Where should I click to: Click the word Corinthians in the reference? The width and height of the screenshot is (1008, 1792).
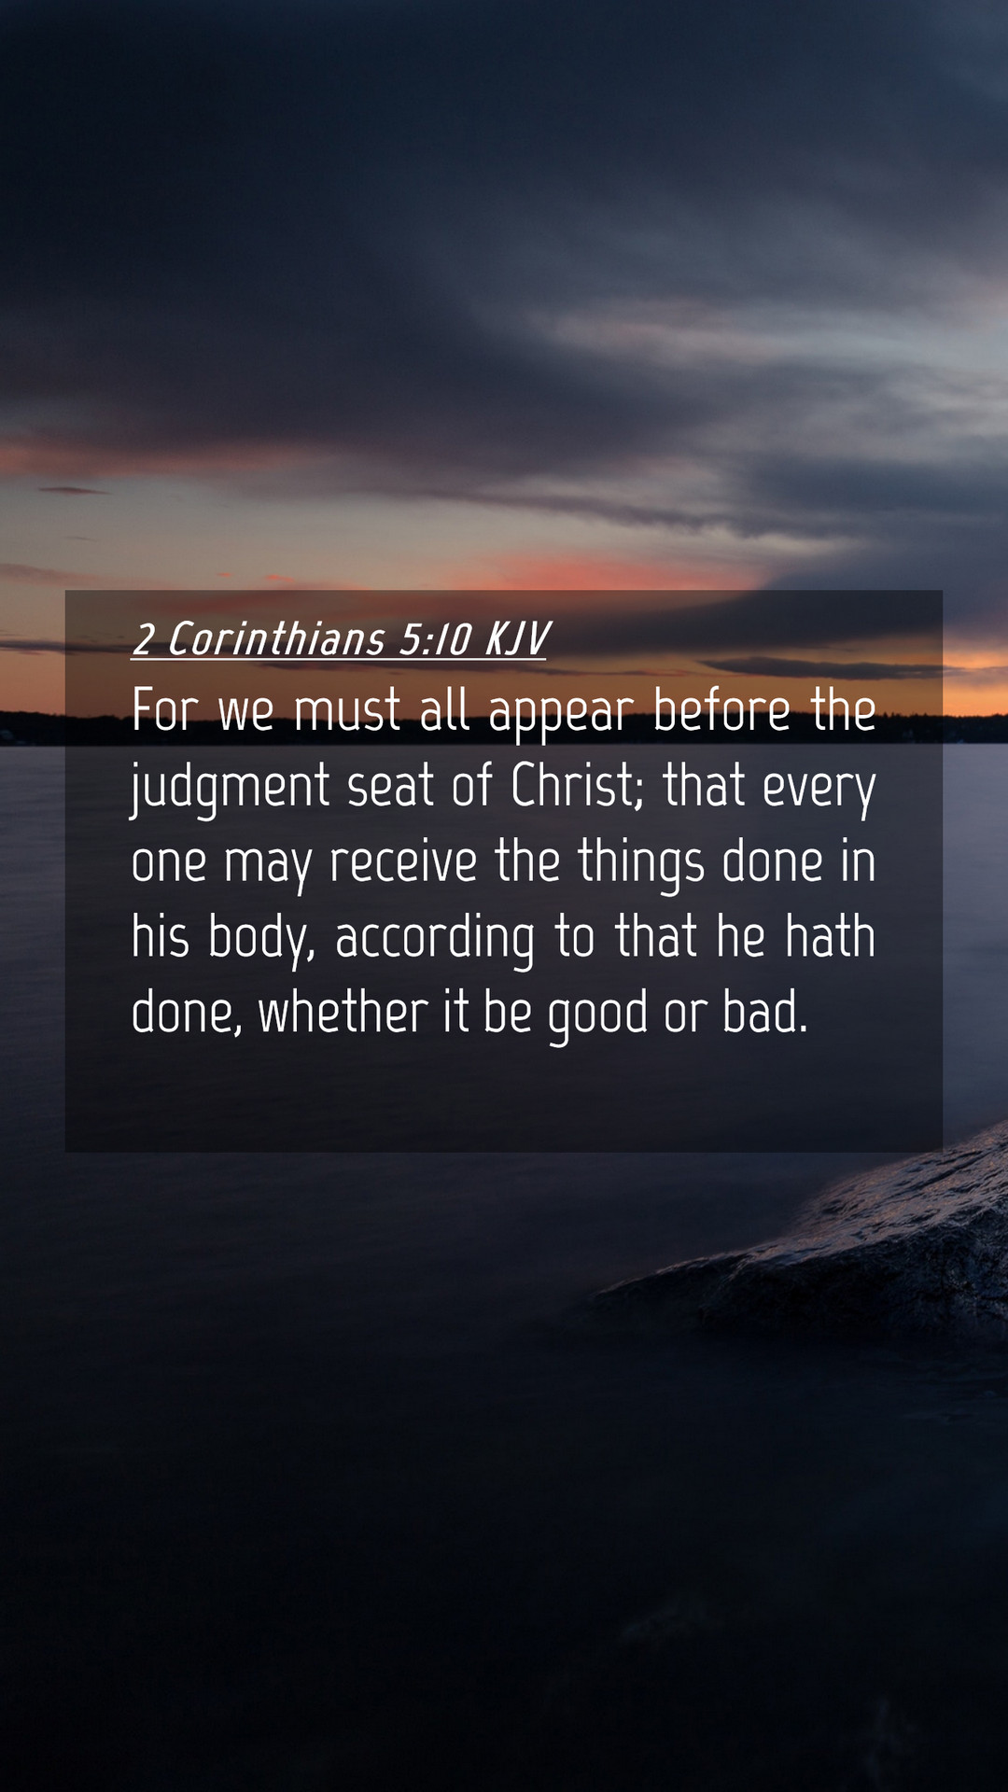276,639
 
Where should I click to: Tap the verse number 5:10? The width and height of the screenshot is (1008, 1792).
436,640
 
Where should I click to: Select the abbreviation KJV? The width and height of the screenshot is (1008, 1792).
516,640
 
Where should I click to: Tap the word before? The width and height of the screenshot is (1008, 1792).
721,710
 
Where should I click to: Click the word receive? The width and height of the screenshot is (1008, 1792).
403,861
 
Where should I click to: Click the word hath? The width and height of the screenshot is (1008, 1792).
831,936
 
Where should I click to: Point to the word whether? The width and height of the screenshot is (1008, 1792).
343,1013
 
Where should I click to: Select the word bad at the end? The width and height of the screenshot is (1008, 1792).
764,1013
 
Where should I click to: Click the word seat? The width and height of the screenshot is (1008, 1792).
390,786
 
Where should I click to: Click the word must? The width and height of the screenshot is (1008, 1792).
347,710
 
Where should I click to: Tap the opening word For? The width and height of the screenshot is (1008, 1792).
165,710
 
